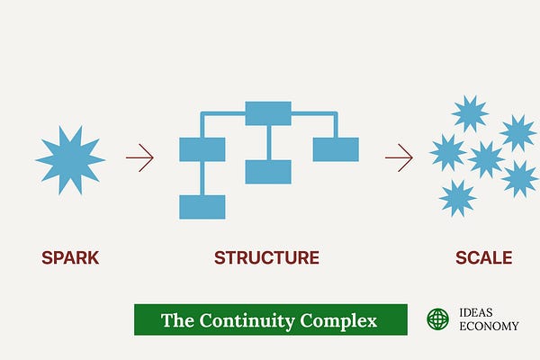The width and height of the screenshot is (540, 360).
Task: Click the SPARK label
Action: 70,258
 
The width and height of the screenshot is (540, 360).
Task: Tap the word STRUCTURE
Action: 266,258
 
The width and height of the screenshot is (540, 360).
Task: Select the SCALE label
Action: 483,258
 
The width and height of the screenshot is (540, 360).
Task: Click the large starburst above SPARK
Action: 70,159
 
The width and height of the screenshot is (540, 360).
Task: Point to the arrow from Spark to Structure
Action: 139,159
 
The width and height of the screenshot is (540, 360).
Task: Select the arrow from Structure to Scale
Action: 399,159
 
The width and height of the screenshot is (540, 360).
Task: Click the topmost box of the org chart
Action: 268,113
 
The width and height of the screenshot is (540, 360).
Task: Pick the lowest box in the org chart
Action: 202,207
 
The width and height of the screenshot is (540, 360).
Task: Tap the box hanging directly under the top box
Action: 268,172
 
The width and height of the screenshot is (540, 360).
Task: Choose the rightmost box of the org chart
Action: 336,149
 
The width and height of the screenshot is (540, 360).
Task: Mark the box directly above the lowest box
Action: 202,149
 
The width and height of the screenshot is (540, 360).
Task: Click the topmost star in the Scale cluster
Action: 469,113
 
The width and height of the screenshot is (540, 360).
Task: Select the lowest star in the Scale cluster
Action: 457,197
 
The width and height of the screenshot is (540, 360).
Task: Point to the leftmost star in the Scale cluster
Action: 447,152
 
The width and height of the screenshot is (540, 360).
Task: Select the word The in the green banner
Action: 177,320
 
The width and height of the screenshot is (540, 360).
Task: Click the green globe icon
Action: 437,319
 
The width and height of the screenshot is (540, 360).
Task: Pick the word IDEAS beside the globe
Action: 475,312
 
